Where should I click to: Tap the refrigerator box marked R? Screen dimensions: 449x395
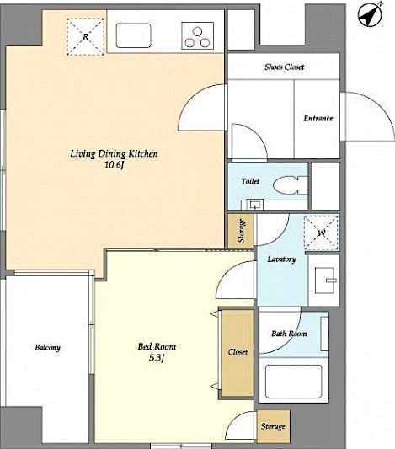(x=85, y=35)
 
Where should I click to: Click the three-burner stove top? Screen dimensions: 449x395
(x=199, y=36)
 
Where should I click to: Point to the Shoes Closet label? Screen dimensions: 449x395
(x=284, y=67)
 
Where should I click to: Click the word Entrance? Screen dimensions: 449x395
(x=318, y=119)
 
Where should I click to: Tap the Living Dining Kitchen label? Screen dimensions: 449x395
(x=114, y=154)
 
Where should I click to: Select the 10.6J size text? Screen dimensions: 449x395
(x=114, y=166)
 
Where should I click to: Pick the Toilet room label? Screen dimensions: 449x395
(x=250, y=181)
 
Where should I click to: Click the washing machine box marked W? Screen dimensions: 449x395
(x=321, y=233)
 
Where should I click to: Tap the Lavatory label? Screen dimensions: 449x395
(x=280, y=259)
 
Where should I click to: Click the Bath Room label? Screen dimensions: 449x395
(x=289, y=334)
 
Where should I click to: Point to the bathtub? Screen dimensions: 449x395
(x=293, y=382)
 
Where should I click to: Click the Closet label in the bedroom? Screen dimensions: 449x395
(x=238, y=352)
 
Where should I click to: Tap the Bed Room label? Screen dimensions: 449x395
(x=157, y=346)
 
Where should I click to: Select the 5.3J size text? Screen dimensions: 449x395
(x=157, y=359)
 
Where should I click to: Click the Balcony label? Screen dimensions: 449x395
(x=47, y=348)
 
